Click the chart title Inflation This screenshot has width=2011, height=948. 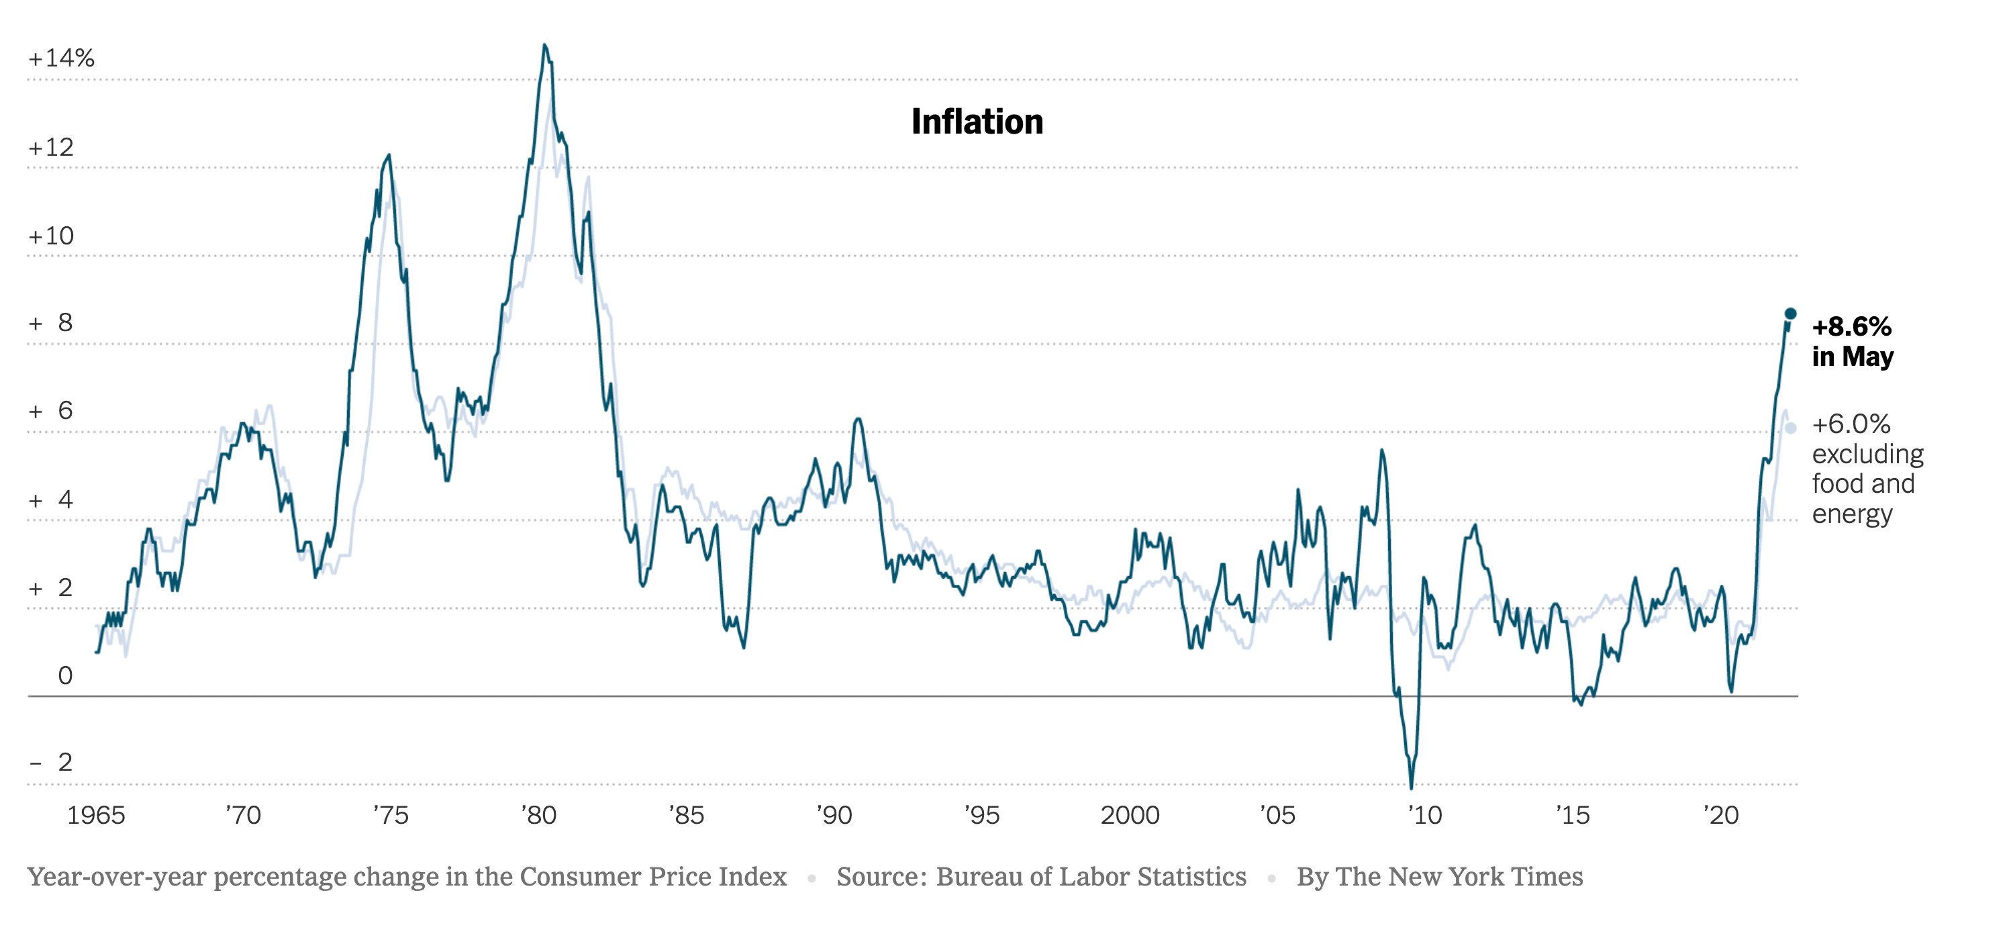(977, 122)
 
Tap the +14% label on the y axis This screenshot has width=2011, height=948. (61, 58)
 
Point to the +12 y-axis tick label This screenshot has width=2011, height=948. (51, 147)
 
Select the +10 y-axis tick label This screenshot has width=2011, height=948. (51, 236)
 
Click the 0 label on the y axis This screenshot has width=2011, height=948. (66, 675)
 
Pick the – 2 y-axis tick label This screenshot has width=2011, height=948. (52, 762)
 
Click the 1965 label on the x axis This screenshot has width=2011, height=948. (96, 815)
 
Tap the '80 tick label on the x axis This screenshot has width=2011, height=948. (538, 815)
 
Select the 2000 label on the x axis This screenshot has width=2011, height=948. (1130, 815)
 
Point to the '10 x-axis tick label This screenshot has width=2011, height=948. (1425, 815)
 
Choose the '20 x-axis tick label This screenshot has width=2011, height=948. (1720, 815)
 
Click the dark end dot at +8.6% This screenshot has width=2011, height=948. (1791, 313)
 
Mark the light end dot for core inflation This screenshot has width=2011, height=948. (1791, 428)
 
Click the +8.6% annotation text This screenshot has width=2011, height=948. (1851, 326)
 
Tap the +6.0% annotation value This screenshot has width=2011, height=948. (1851, 424)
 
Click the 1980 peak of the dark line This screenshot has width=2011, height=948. (544, 45)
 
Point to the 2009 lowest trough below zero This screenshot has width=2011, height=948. (1412, 787)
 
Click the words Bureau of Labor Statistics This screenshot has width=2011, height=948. (1091, 877)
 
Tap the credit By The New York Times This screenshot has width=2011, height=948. (1440, 877)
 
